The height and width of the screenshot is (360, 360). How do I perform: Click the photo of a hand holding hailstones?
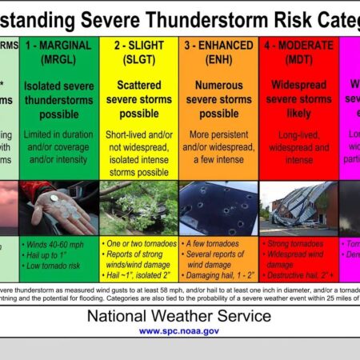pyautogui.click(x=60, y=207)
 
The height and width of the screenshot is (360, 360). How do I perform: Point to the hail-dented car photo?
pyautogui.click(x=218, y=207)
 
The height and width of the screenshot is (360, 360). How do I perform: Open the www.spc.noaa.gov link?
pyautogui.click(x=179, y=330)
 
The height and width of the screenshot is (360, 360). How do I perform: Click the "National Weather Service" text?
pyautogui.click(x=179, y=316)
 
